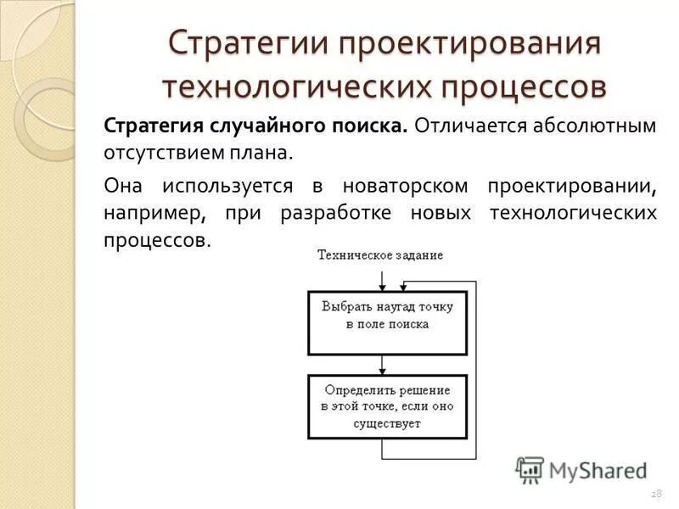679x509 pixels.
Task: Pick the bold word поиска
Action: pyautogui.click(x=367, y=126)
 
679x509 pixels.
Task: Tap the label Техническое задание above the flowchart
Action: pyautogui.click(x=380, y=255)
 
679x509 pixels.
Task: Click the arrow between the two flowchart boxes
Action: pyautogui.click(x=384, y=365)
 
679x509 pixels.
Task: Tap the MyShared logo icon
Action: pyautogui.click(x=530, y=469)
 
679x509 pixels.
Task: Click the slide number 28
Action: pyautogui.click(x=655, y=494)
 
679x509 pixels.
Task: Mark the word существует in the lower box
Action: pyautogui.click(x=388, y=423)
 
